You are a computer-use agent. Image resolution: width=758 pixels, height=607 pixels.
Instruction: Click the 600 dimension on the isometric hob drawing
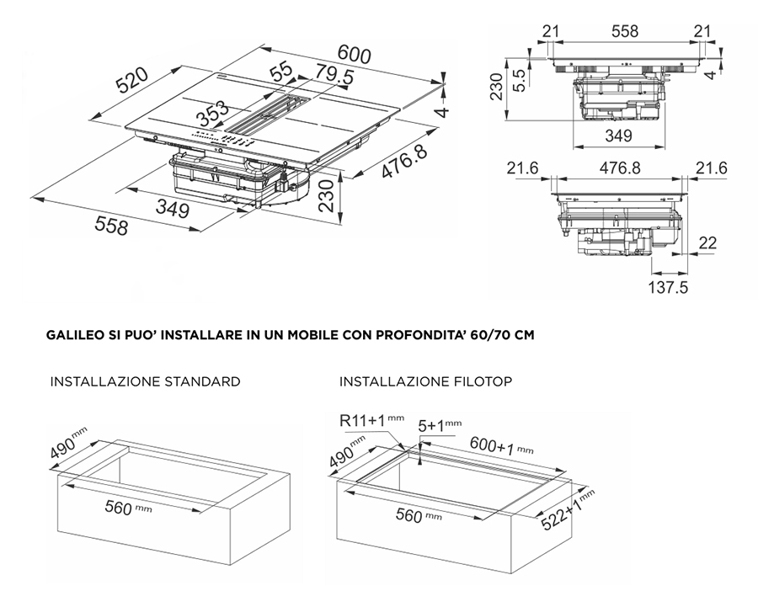coord(355,54)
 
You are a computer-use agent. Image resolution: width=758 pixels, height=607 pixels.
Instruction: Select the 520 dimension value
coord(131,80)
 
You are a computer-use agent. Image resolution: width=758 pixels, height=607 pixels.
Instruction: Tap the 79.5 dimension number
coord(335,74)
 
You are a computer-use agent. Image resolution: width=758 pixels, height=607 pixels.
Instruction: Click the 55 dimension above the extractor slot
coord(281,71)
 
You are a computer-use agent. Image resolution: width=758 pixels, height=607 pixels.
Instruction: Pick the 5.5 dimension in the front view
coord(518,80)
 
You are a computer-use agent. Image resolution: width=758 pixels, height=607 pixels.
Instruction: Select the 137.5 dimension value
coord(668,287)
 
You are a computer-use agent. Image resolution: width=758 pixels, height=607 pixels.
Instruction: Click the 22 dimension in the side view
coord(707,242)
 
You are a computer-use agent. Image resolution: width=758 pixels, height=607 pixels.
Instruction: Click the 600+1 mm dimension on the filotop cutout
coord(501,445)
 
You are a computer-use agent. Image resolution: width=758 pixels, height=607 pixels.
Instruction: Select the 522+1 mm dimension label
coord(567,509)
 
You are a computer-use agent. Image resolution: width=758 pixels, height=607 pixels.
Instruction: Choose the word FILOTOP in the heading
coord(483,381)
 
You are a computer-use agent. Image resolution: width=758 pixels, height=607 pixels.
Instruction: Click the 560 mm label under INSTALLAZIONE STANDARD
coord(128,508)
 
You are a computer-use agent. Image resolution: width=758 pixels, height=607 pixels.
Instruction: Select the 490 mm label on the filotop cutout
coord(346,451)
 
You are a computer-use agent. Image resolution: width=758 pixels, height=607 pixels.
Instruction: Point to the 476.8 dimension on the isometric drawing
coord(404,162)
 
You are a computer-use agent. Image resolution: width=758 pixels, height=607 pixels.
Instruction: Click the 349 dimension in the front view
coord(618,136)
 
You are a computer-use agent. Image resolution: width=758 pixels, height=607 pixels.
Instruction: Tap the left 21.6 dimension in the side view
coord(522,168)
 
